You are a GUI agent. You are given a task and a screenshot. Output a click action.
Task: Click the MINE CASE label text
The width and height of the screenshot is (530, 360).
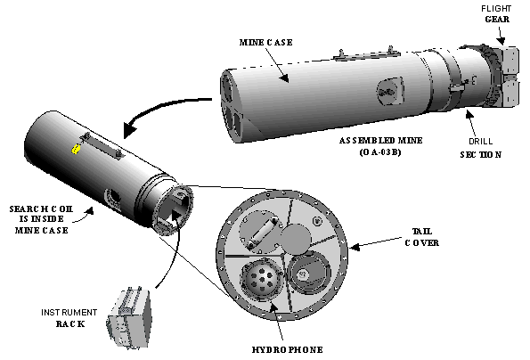click(266, 42)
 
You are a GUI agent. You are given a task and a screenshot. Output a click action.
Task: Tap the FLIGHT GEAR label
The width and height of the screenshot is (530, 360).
click(496, 13)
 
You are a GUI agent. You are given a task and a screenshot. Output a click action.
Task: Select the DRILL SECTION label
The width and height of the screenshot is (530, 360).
click(481, 148)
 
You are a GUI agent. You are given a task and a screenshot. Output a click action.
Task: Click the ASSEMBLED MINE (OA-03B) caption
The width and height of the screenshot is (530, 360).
click(380, 146)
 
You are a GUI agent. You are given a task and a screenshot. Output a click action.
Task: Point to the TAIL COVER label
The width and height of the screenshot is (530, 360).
click(422, 237)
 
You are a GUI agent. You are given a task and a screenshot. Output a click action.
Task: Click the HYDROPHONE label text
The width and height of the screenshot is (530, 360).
click(288, 349)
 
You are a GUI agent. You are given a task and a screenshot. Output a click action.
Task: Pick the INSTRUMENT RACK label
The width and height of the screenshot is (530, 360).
click(69, 318)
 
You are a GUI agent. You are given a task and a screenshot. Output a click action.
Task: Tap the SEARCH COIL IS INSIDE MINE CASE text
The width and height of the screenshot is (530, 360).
click(41, 219)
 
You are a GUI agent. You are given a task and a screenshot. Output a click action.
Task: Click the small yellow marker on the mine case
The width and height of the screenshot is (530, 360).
click(76, 149)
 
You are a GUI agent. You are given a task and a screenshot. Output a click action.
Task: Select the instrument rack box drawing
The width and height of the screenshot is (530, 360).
click(129, 318)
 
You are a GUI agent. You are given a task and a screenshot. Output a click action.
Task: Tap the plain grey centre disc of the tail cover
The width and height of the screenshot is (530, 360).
click(296, 239)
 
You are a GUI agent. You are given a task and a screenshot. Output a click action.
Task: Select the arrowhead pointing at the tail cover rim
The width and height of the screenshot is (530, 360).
click(354, 248)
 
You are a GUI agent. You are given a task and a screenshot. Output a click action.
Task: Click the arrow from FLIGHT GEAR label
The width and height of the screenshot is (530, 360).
click(501, 35)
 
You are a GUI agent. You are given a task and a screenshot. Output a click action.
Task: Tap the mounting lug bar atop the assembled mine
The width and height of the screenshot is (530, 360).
click(366, 54)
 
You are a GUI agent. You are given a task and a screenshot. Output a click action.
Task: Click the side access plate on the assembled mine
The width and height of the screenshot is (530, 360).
click(390, 91)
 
